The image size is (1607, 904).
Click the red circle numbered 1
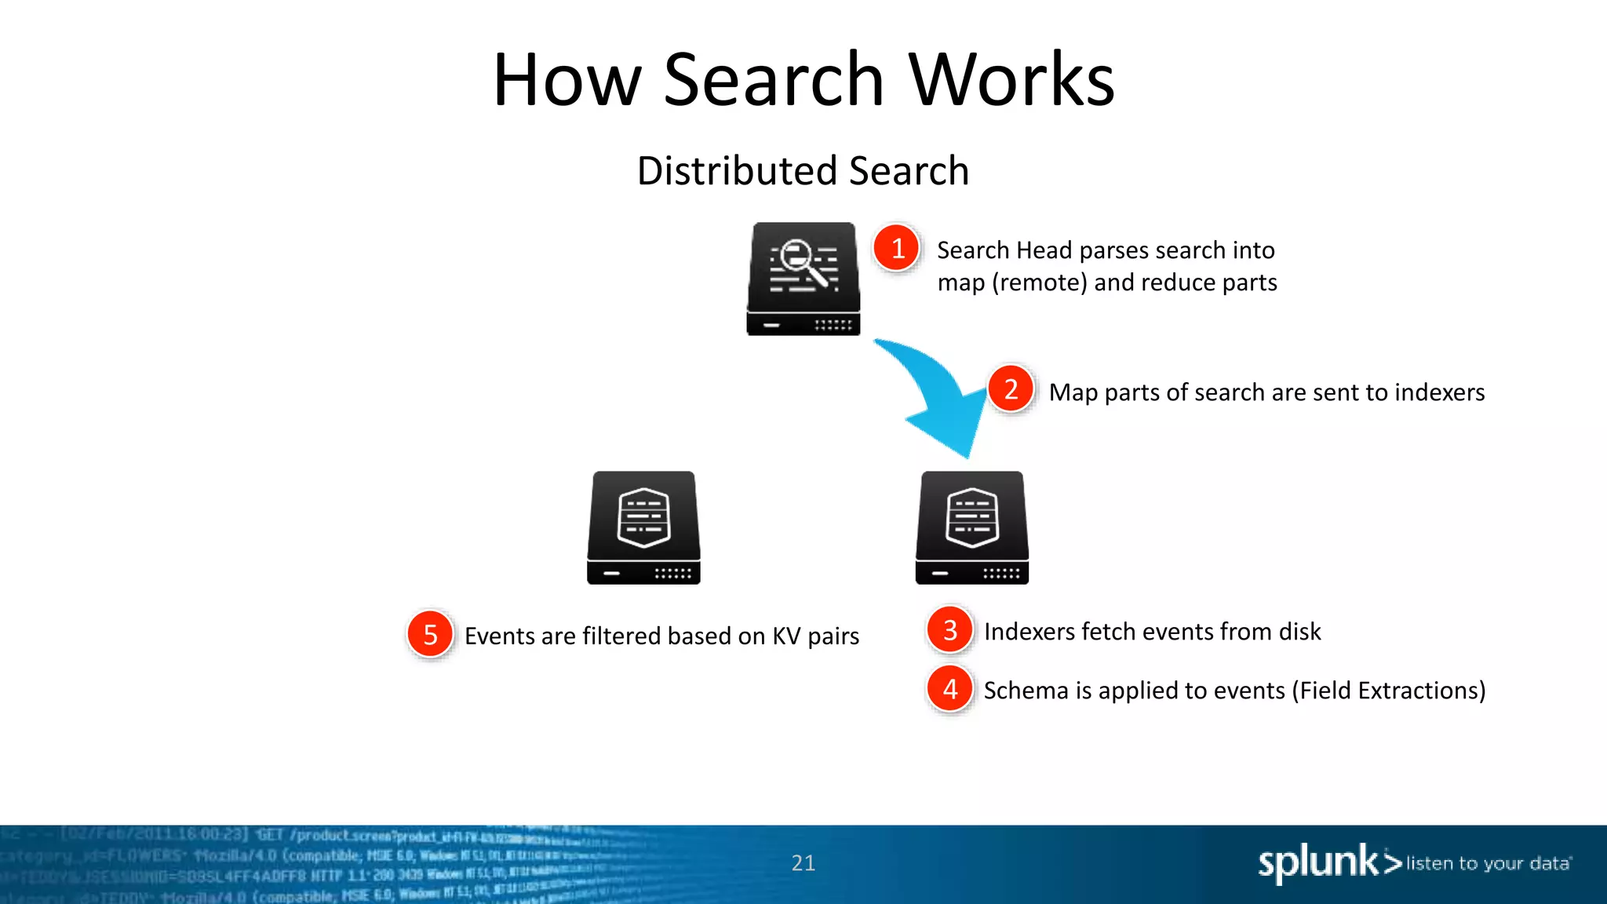(897, 248)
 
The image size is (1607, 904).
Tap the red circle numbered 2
(1011, 388)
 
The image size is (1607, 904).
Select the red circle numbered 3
(949, 629)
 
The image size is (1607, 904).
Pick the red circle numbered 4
(949, 689)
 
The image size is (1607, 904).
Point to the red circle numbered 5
(430, 634)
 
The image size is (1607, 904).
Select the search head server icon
(803, 279)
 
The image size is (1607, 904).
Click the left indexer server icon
(643, 527)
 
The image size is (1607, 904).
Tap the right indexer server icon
(971, 527)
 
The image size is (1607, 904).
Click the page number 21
(803, 863)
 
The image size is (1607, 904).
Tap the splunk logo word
(1318, 863)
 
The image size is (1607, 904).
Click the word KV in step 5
(785, 636)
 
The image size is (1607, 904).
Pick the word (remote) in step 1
(1040, 282)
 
